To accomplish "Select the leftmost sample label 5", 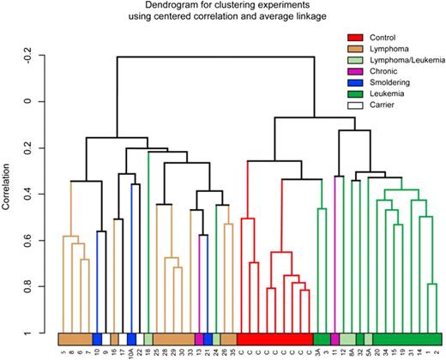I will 63,350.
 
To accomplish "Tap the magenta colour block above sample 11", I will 334,339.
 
